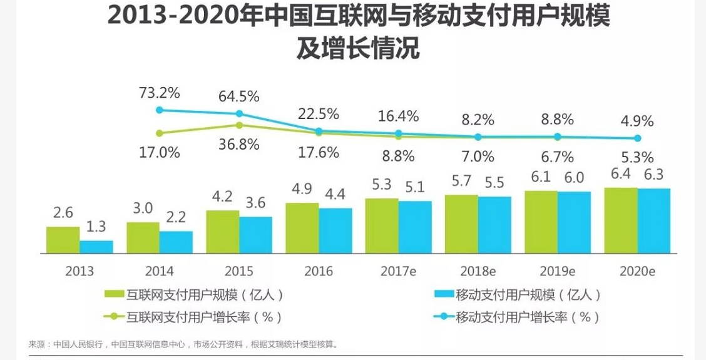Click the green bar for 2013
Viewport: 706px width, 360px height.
[63, 240]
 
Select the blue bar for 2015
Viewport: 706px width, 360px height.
[255, 235]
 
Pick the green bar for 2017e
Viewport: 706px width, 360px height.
[382, 225]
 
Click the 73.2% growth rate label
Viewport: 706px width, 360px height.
[159, 94]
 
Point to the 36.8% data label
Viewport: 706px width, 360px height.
[238, 145]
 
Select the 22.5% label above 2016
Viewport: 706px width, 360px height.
[319, 114]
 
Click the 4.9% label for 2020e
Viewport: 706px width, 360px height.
[637, 121]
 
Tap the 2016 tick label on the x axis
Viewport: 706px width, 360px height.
[319, 271]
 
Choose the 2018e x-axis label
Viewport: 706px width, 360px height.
[478, 271]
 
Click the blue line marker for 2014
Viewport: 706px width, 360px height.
[160, 110]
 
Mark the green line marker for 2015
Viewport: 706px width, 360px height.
[239, 125]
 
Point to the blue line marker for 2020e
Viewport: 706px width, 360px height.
[638, 138]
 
